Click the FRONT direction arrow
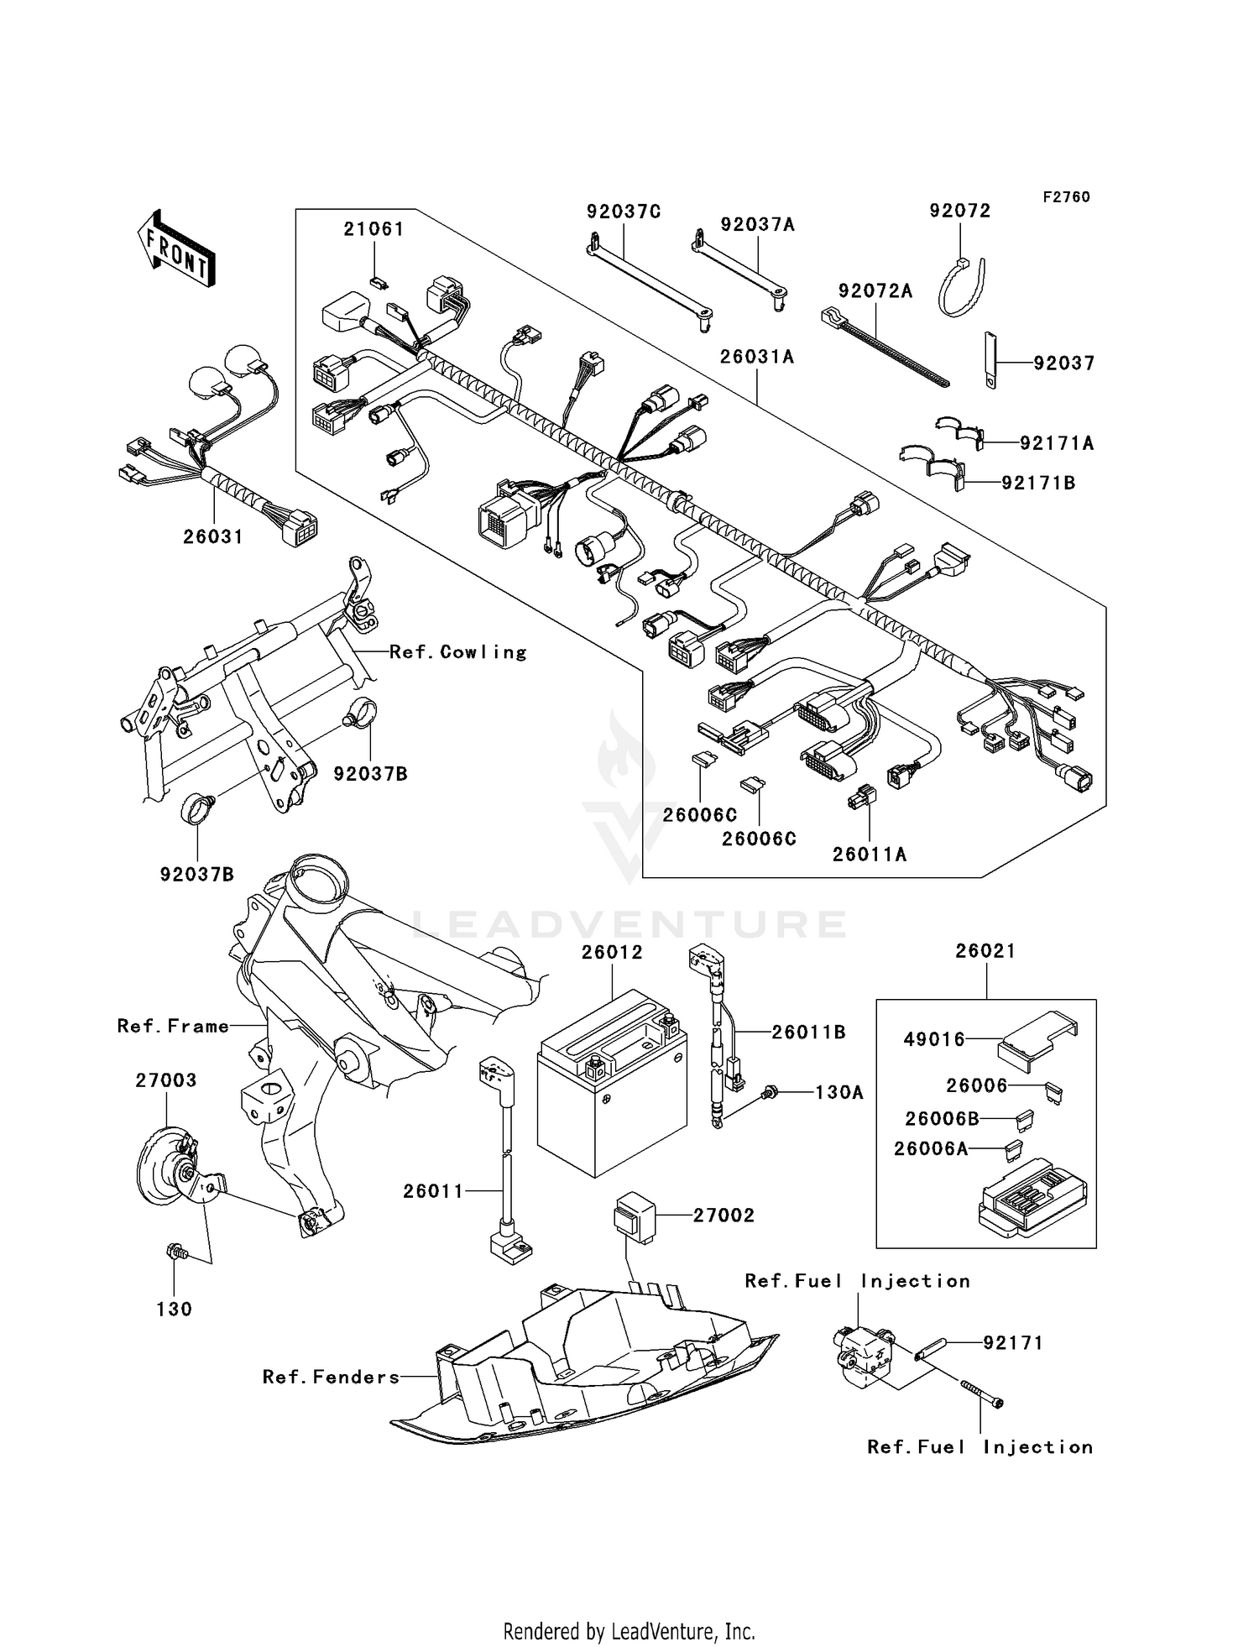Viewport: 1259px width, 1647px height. [175, 249]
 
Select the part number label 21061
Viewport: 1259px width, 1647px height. [374, 229]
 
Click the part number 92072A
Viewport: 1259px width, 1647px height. [875, 290]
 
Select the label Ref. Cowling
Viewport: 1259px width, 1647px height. [458, 652]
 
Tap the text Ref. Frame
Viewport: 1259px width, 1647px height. [173, 1026]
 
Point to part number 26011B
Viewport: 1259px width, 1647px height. [808, 1033]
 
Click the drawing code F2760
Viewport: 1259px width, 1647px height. [1066, 196]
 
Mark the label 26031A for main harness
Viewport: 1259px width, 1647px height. [756, 356]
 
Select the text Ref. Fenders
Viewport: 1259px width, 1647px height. [331, 1377]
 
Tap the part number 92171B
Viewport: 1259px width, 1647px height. [1038, 483]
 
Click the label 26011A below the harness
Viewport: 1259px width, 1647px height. [870, 855]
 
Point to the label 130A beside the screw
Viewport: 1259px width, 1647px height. [838, 1092]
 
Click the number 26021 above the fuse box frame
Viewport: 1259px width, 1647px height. [985, 951]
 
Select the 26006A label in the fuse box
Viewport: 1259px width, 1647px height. [930, 1148]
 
